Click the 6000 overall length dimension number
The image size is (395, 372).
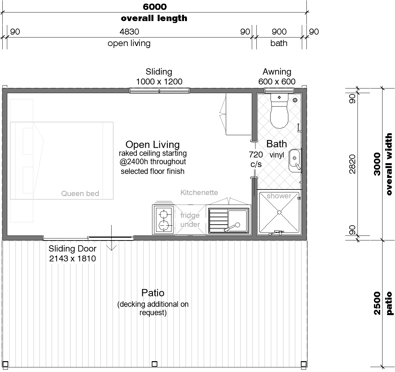[155, 7]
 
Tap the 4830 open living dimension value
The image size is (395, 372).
[129, 32]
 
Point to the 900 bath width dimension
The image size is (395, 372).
[279, 32]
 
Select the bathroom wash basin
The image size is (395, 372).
[295, 161]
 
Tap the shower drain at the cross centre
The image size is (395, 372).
[279, 212]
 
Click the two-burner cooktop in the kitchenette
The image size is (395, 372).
[164, 220]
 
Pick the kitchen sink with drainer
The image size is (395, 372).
[228, 220]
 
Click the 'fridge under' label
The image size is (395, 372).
[190, 220]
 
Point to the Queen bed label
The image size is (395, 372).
[80, 193]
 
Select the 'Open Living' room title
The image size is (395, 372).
[152, 144]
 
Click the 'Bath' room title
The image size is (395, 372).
[276, 144]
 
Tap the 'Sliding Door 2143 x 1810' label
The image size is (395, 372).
[73, 254]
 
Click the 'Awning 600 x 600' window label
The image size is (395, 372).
[277, 77]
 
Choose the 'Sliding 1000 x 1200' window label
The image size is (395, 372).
[159, 77]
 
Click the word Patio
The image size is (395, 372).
[153, 293]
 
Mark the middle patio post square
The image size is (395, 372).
[154, 364]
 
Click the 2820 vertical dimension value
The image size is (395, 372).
[352, 164]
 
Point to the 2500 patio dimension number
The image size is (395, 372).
[377, 303]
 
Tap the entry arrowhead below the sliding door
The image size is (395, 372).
[111, 248]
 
